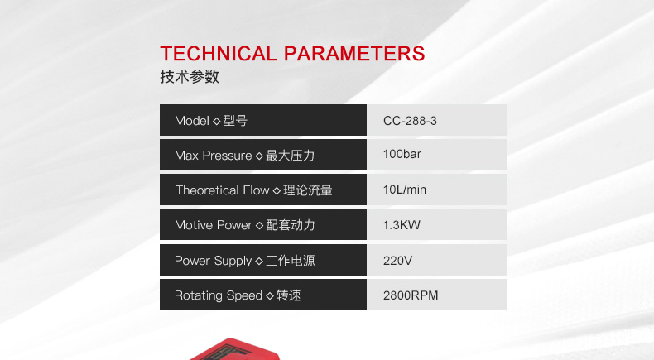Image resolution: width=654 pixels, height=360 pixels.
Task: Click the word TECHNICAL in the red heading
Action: point(219,54)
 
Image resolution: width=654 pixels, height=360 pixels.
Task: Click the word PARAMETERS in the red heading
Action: point(354,54)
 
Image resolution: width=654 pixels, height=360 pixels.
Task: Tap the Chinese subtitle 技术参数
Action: point(190,77)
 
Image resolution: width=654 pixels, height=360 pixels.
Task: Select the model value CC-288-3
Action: point(410,121)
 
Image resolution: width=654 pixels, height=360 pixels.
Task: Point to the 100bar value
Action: point(402,155)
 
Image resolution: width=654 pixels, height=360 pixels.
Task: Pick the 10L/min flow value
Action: point(405,190)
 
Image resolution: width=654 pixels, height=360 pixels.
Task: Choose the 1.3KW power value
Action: point(402,225)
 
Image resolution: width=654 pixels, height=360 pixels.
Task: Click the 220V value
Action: point(397,262)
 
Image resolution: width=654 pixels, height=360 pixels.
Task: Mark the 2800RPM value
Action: point(411,295)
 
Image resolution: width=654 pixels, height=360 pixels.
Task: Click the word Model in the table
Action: point(192,121)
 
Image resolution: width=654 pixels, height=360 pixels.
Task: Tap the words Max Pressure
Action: point(213,156)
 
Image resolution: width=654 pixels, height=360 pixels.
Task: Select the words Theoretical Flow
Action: point(223,190)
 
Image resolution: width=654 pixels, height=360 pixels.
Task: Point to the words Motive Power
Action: point(214,225)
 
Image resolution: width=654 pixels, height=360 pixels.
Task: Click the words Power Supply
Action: point(213,262)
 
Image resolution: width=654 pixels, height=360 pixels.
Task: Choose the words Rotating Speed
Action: point(219,295)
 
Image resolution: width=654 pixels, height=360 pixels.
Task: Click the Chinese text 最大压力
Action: point(291,156)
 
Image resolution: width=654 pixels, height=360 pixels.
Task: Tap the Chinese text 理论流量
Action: point(308,190)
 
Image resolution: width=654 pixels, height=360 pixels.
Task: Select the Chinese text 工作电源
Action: point(291,262)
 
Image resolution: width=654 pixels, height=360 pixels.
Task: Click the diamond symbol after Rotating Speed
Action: point(269,296)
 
